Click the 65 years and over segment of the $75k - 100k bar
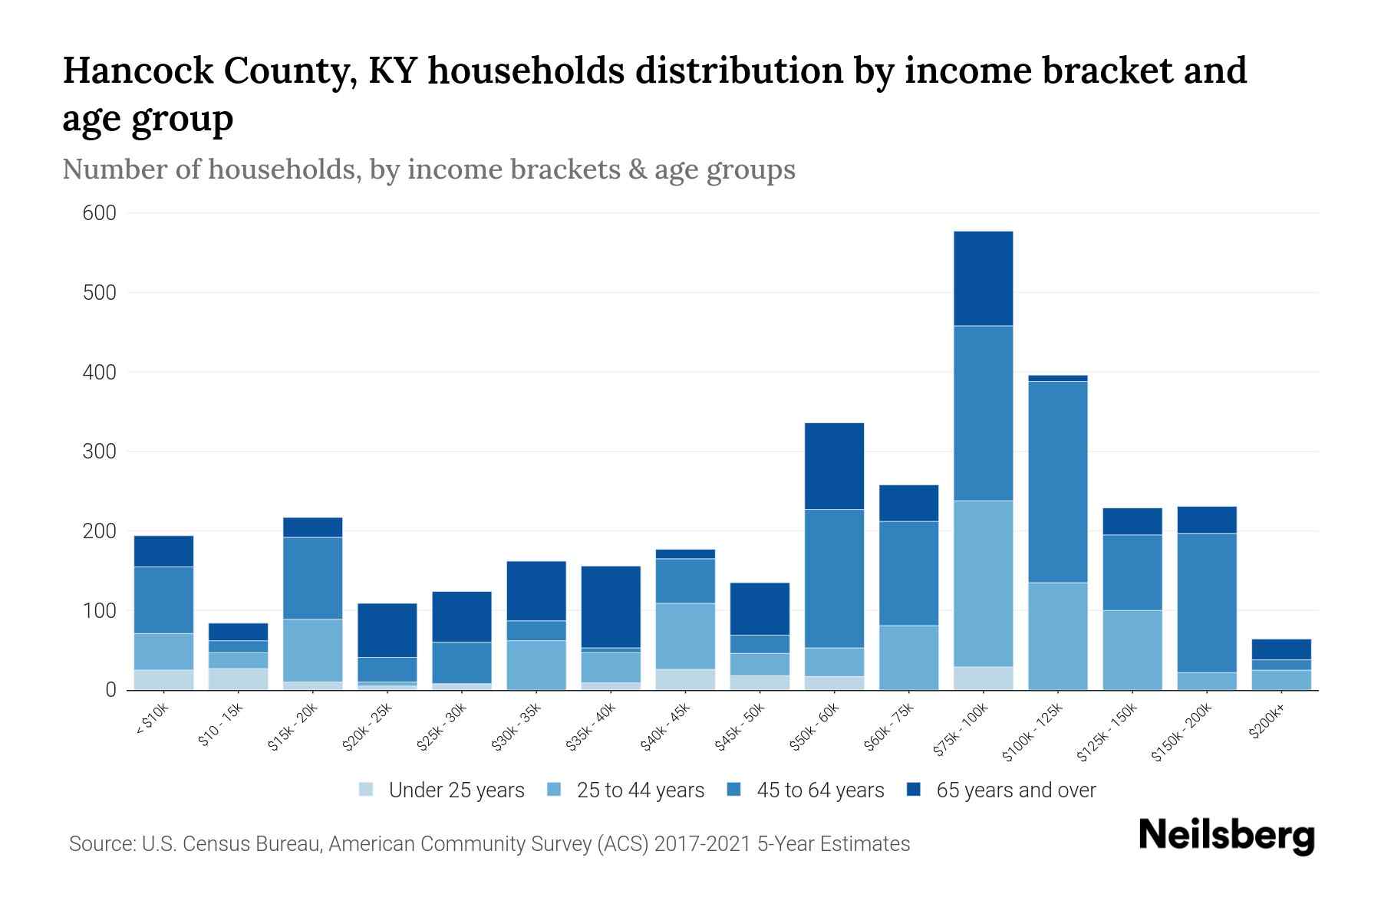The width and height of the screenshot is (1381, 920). point(983,278)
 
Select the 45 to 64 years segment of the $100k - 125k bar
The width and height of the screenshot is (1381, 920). point(1057,481)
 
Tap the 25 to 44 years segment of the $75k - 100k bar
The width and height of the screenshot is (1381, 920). point(983,583)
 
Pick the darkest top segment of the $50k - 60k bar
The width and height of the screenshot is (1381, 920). point(834,466)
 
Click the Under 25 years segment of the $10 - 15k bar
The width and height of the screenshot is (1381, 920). point(238,679)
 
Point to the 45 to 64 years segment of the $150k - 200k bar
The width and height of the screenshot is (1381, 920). point(1207,603)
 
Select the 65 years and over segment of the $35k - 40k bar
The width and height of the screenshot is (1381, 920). point(611,606)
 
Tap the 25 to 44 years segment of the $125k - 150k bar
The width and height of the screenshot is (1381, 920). point(1132,649)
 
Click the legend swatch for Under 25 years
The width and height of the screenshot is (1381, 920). point(367,789)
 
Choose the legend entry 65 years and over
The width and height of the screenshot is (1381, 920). point(1015,790)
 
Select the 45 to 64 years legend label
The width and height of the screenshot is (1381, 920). point(819,790)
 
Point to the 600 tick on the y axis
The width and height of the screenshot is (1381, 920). point(99,213)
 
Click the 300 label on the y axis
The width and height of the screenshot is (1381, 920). point(99,452)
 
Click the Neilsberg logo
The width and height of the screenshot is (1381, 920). point(1226,835)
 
